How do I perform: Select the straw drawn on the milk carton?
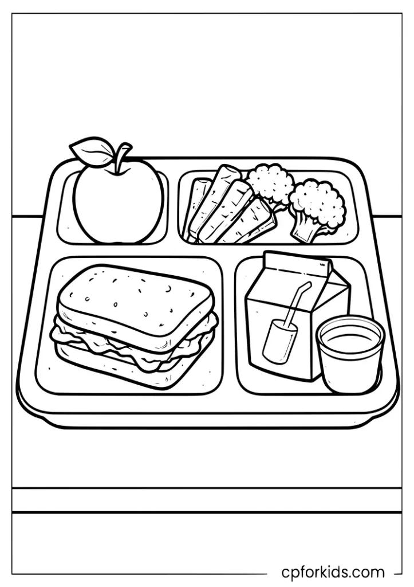tap(298, 304)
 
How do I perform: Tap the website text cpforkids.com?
tap(333, 572)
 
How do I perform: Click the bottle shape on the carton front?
tap(279, 341)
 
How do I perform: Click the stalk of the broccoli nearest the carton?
tap(302, 230)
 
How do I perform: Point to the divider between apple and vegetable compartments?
tap(173, 206)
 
